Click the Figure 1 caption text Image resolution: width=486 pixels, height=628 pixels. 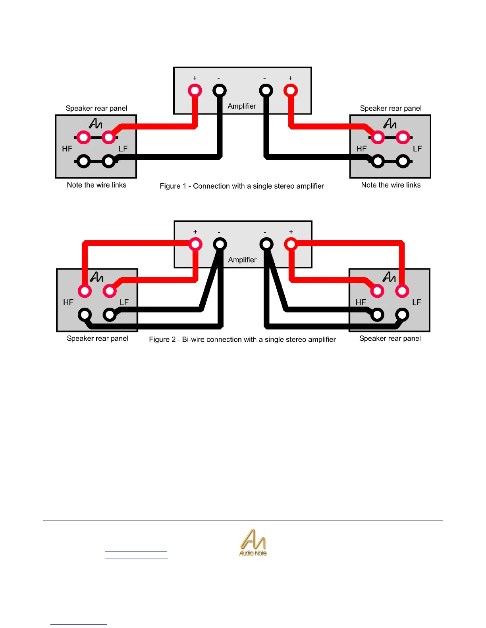(x=242, y=186)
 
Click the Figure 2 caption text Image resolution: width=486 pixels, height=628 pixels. (x=242, y=339)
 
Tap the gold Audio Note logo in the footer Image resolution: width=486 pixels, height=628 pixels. (x=253, y=543)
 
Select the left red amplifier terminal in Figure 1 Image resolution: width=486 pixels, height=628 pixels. (x=195, y=90)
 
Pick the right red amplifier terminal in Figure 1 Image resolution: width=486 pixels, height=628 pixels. (x=291, y=90)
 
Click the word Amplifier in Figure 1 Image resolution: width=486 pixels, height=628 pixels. (x=242, y=106)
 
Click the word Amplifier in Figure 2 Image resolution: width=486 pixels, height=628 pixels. (x=242, y=260)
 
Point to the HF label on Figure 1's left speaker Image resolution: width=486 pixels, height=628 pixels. (x=67, y=149)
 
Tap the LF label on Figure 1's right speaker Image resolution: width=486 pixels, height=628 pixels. (x=417, y=149)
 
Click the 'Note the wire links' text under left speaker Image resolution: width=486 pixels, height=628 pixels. (x=96, y=185)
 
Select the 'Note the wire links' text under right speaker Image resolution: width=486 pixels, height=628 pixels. (x=391, y=185)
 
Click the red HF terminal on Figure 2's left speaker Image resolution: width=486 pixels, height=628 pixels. (x=85, y=291)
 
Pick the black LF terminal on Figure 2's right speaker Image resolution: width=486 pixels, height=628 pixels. (x=402, y=315)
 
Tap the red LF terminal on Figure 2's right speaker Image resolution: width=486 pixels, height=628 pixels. (x=402, y=291)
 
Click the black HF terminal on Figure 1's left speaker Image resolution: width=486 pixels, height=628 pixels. (x=83, y=161)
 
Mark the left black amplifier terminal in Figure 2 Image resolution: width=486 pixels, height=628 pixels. (x=220, y=244)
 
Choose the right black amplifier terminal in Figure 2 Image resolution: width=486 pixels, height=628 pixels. (x=266, y=244)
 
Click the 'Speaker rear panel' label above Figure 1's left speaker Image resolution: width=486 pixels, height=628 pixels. (x=96, y=108)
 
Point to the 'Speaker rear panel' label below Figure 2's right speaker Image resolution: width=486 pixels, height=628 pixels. (x=390, y=338)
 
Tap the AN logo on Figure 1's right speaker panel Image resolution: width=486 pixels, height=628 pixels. (x=390, y=124)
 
